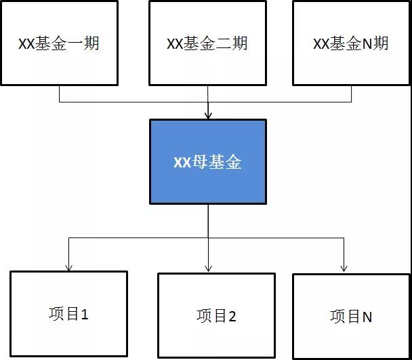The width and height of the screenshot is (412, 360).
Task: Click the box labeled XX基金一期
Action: coord(59,43)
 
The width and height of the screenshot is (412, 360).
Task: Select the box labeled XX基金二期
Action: coord(207,43)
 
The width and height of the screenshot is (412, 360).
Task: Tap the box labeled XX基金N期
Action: coord(351,43)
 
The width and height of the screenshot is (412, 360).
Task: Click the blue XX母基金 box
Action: coord(208,162)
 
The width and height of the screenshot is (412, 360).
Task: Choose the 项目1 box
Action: coord(68,314)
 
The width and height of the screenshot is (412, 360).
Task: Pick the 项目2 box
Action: coord(216,315)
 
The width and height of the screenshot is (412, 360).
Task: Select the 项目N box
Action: coord(351,317)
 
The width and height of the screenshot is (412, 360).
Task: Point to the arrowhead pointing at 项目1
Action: coord(68,267)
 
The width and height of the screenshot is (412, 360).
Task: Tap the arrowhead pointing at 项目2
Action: coord(208,268)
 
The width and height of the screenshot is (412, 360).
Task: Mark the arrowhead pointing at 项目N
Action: coord(344,268)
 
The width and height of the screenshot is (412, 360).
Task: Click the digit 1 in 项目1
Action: coord(84,315)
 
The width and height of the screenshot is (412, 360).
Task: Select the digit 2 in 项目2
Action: coord(232,317)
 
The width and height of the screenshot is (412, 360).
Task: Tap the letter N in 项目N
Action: coord(367,317)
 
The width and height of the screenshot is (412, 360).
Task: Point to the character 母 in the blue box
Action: coord(199,162)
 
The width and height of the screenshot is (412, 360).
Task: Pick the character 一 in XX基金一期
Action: coord(75,43)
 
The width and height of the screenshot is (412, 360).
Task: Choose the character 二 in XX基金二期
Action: coord(224,43)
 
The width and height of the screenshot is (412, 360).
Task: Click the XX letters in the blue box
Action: coord(182,162)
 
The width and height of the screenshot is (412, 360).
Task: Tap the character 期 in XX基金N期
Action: coord(380,43)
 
